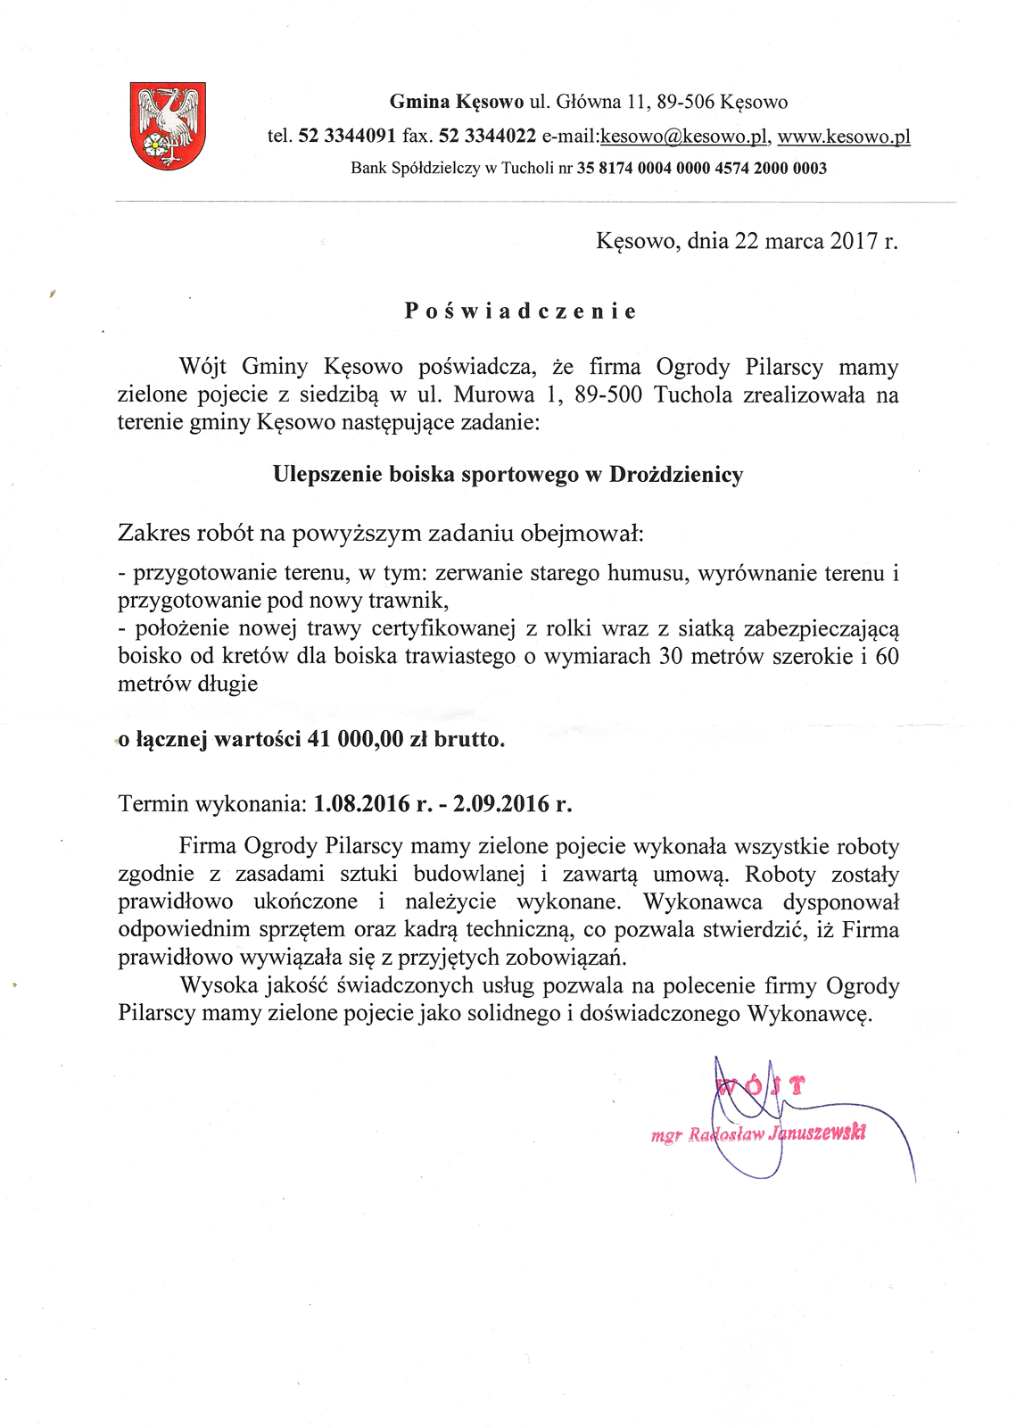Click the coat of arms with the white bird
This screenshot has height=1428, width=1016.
[168, 125]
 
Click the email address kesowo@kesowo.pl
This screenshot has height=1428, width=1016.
[684, 137]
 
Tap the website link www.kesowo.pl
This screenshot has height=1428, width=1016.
[844, 137]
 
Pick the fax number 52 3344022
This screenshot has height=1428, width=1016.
[488, 137]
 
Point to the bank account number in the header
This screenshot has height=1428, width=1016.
[702, 168]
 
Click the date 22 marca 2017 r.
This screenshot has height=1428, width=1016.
[815, 241]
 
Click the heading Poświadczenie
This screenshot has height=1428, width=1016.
[521, 311]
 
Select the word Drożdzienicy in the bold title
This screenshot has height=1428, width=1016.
[676, 475]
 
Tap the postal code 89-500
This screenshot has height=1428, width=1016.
[608, 394]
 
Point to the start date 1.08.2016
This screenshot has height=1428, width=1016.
[361, 804]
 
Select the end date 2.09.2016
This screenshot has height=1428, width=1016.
[500, 804]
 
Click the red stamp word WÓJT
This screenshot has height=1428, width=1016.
[761, 1086]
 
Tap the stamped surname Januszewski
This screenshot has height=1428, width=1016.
[817, 1133]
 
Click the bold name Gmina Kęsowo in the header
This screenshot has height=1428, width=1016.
[456, 102]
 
